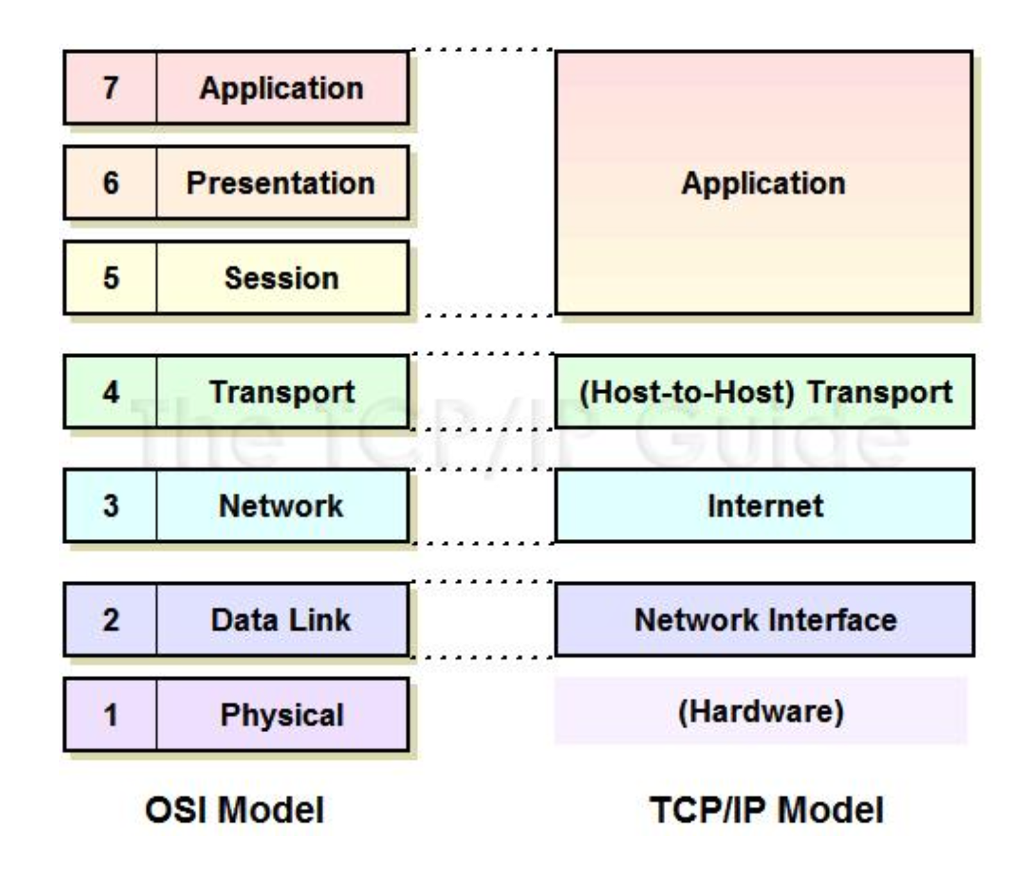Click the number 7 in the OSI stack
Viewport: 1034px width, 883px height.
pos(110,88)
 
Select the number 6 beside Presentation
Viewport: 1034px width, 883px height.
pos(110,183)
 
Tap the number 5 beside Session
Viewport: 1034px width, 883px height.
pos(110,278)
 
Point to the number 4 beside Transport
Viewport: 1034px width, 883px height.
pos(110,392)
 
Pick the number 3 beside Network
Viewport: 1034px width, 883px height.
pos(110,506)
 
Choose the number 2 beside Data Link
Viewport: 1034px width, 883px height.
pos(110,620)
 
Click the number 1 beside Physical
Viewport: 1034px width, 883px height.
pos(110,715)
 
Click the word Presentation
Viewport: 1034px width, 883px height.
pos(281,183)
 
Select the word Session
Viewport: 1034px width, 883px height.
pos(282,278)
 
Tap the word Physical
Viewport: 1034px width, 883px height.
pos(282,715)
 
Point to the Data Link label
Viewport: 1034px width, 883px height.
pos(281,620)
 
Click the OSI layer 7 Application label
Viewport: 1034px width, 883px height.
pos(282,88)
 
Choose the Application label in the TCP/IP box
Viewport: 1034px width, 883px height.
pos(763,183)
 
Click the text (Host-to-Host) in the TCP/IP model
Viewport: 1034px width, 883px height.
pos(687,392)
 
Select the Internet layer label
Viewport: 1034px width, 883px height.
pos(765,506)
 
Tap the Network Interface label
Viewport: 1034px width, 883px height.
pos(765,620)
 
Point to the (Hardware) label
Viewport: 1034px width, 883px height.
pos(761,711)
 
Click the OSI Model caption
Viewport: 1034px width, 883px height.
pos(235,809)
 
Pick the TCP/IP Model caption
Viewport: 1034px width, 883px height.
pos(767,809)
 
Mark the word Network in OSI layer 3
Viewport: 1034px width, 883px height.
pos(281,506)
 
